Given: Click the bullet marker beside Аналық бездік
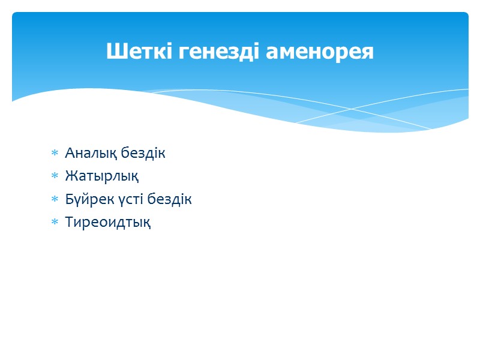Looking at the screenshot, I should point(55,154).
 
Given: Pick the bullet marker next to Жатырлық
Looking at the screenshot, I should point(55,176).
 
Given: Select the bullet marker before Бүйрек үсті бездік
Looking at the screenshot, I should point(55,199).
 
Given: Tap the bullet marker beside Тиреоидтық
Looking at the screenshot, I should point(55,223).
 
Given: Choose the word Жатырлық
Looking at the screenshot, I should point(102,176).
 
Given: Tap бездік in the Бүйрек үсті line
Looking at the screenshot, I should point(170,199).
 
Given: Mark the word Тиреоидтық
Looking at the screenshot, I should point(107,223).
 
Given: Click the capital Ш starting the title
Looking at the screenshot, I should point(114,52).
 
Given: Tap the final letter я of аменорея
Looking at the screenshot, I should point(368,53).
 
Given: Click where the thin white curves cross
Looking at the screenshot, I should point(352,109).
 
